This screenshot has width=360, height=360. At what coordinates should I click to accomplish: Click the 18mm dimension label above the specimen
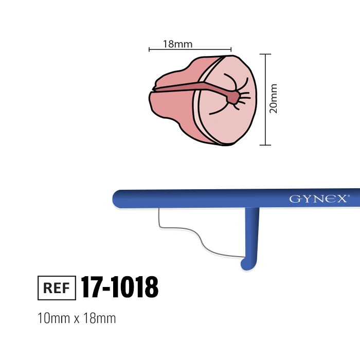pos(177,44)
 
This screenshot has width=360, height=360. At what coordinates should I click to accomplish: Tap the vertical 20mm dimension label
pos(273,99)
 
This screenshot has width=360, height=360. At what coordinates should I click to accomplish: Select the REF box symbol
pos(57,287)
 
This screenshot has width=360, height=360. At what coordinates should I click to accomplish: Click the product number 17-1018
pos(120,287)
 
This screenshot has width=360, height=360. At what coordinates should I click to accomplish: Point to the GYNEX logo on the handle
pos(318,199)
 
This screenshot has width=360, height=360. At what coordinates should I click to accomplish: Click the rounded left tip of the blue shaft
pos(115,199)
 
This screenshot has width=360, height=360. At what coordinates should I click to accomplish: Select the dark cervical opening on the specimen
pos(232,98)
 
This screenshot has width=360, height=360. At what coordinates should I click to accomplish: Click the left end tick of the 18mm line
pos(149,49)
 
